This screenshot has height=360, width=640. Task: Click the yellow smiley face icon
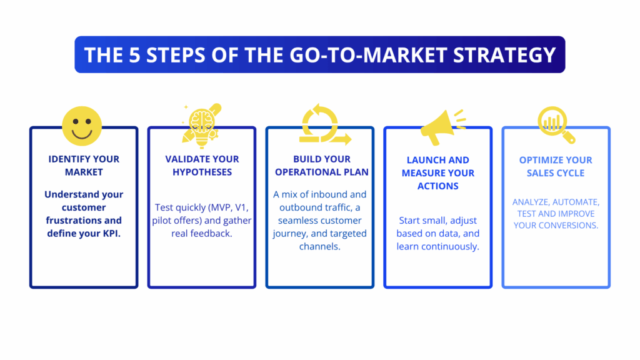[82, 126]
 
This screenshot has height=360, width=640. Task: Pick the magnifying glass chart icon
[555, 124]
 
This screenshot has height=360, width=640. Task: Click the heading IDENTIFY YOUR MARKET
[84, 166]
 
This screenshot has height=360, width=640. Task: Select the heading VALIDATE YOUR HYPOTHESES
[202, 166]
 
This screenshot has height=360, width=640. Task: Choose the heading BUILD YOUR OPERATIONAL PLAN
[322, 166]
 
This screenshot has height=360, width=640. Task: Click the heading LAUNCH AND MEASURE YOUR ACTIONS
[438, 173]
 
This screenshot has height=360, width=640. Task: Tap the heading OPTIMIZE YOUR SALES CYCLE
[556, 167]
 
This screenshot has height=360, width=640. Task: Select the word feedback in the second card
[212, 233]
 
